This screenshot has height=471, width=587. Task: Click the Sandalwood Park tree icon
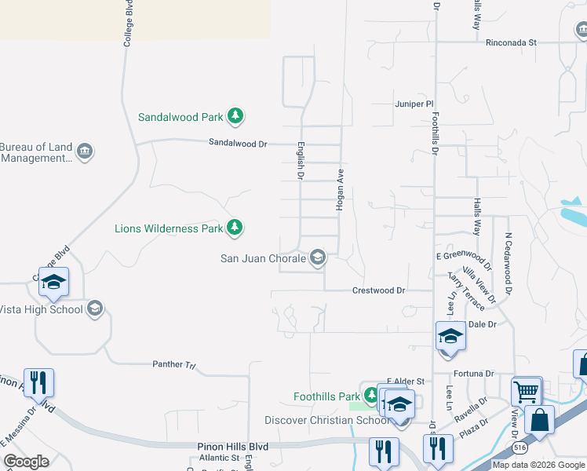coord(235,117)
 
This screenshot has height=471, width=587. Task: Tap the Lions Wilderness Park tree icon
coord(234,228)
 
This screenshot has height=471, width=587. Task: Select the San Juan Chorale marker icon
coord(318,257)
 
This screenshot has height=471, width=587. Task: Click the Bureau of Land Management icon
coord(86,152)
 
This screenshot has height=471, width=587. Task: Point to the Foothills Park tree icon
coord(370,397)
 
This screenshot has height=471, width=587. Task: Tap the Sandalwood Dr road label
coord(238,144)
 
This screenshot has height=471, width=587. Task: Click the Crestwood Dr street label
coord(378,290)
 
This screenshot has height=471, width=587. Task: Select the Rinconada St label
coord(510,42)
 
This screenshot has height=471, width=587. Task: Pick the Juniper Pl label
coord(414,104)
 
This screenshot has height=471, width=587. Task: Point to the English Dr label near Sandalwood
coord(300,160)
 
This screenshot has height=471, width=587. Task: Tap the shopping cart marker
coord(526,390)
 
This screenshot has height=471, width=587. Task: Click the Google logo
coord(26,462)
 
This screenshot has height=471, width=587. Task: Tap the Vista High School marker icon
coord(96,309)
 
